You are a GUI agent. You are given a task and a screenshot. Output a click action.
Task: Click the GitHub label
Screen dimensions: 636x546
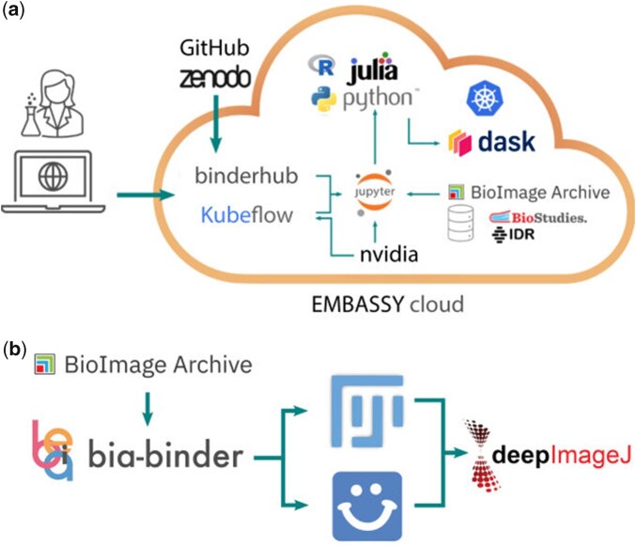click(x=214, y=48)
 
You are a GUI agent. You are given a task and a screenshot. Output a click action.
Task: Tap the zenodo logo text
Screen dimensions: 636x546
click(x=215, y=78)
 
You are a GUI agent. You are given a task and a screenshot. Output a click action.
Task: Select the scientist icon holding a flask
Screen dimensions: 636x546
click(x=53, y=104)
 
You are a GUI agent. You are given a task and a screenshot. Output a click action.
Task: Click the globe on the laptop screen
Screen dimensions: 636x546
click(x=53, y=177)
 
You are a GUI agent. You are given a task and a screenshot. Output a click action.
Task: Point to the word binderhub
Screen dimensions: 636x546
click(x=246, y=176)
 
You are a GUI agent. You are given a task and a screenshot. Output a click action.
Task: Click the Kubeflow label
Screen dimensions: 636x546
click(x=247, y=215)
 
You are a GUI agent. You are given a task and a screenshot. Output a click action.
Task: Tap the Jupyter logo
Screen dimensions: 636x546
click(x=375, y=192)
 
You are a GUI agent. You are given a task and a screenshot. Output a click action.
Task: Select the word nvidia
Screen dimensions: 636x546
click(x=389, y=255)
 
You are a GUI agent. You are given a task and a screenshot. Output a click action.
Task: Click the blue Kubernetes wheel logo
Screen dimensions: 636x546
click(x=484, y=98)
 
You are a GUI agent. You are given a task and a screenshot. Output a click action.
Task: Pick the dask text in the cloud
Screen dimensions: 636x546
click(x=506, y=142)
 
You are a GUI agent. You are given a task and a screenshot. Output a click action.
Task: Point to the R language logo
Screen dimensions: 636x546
click(x=321, y=65)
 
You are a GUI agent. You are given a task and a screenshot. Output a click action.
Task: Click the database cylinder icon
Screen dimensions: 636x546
click(x=460, y=223)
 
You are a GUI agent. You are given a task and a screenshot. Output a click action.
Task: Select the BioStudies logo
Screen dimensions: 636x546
click(x=538, y=217)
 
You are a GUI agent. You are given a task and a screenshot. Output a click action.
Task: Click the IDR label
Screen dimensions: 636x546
click(x=513, y=234)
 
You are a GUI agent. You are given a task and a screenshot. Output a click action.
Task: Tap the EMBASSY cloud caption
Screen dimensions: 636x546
click(x=388, y=304)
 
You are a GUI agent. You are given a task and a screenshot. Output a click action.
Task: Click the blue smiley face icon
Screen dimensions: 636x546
click(x=367, y=507)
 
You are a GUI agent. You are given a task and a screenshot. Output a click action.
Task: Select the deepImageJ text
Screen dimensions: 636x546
click(x=562, y=455)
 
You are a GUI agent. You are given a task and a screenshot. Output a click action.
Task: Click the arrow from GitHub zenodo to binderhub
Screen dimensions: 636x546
click(x=216, y=124)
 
